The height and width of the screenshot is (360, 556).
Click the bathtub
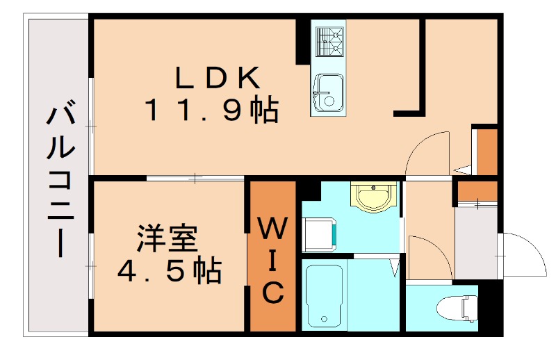coord(324,295)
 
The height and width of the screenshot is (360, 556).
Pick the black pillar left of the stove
coord(302,42)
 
